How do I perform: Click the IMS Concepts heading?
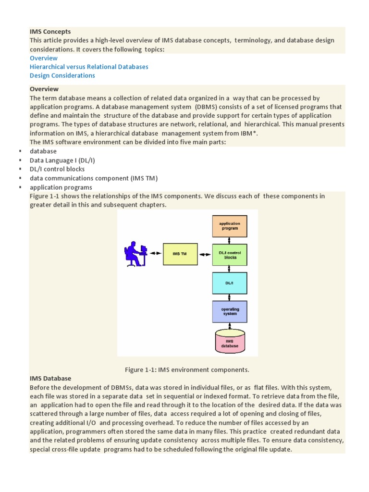coord(50,32)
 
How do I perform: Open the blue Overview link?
coord(43,58)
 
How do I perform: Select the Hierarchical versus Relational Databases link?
coord(89,67)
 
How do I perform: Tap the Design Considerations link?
coord(62,75)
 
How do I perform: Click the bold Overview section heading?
coord(44,89)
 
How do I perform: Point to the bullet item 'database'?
coord(43,151)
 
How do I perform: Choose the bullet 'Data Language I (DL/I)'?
coord(65,160)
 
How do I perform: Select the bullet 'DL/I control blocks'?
coord(57,169)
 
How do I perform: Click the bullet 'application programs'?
coord(61,187)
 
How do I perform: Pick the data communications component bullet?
coord(94,178)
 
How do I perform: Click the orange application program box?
coord(230,226)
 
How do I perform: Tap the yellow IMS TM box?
coord(180,254)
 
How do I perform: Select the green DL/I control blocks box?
coord(230,255)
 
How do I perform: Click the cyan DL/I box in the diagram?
coord(230,283)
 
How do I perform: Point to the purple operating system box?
coord(230,311)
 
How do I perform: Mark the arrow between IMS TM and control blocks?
coord(205,254)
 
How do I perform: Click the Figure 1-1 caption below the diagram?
coord(187,369)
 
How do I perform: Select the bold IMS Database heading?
coord(50,379)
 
